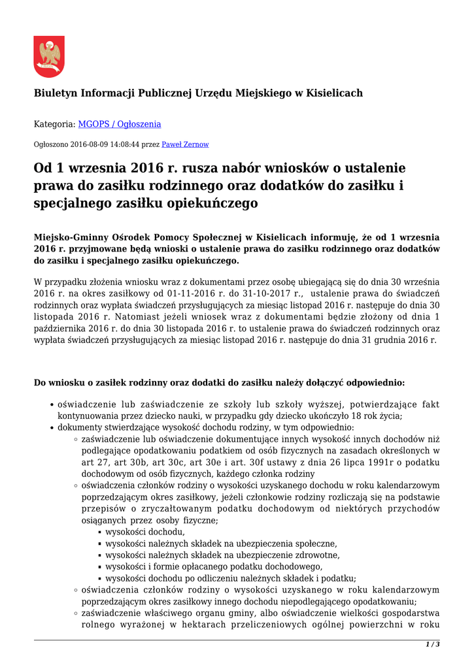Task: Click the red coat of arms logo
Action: coord(49,57)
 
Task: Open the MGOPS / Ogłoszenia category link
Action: coord(120,124)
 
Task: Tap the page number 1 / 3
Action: coord(433,645)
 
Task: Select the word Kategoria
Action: coord(54,124)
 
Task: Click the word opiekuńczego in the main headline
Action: coord(212,203)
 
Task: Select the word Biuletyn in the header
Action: coord(55,93)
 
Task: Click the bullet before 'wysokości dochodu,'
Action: coord(99,532)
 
